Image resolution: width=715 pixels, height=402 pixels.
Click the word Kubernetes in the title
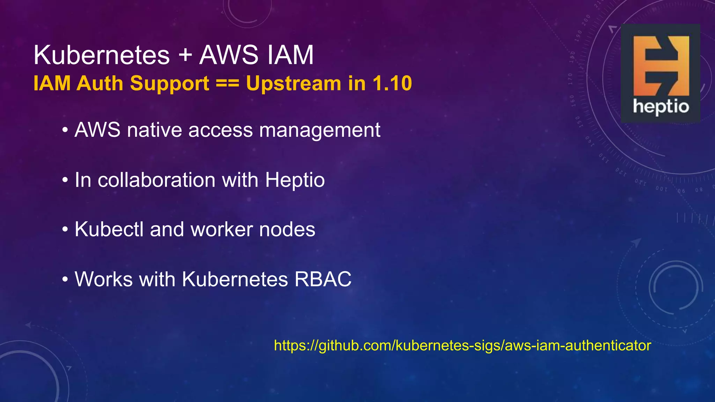102,55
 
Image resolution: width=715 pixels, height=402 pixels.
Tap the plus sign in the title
185,55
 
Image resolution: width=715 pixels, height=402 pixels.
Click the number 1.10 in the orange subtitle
392,83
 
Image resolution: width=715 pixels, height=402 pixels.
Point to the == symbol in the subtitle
227,83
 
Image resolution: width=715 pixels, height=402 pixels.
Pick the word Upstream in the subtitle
294,83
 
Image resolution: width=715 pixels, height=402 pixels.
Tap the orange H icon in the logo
661,65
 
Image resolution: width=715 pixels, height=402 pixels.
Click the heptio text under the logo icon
661,106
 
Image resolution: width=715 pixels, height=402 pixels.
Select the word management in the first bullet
319,130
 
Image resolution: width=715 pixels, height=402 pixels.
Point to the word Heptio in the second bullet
295,180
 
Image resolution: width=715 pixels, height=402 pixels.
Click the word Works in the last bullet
104,279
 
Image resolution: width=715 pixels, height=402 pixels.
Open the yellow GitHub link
462,345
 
